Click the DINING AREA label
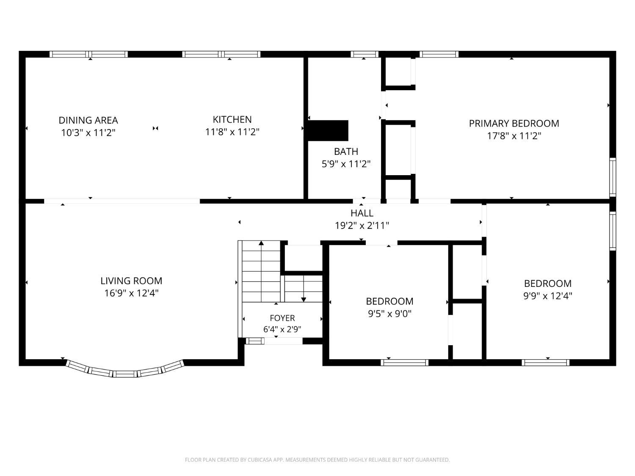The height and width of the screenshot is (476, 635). (x=88, y=120)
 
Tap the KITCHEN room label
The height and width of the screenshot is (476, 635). (x=232, y=119)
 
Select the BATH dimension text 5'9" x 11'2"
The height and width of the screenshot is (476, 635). (x=346, y=164)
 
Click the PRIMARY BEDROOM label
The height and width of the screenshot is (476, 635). (x=514, y=124)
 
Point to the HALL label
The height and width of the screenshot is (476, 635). (x=362, y=213)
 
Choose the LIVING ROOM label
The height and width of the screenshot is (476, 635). (x=131, y=281)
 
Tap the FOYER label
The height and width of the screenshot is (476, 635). (x=282, y=318)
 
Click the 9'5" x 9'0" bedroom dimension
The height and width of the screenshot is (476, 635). (x=389, y=314)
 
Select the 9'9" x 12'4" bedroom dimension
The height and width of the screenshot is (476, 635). (x=548, y=296)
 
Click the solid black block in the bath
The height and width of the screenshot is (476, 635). (x=328, y=131)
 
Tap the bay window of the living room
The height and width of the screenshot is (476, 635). (x=125, y=370)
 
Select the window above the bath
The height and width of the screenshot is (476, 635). (x=364, y=54)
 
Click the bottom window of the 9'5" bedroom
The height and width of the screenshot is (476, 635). (x=404, y=363)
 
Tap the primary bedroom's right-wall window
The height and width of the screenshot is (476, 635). (x=613, y=177)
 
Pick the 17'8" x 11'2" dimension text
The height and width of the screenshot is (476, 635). (x=514, y=136)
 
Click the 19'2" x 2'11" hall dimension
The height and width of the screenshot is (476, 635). (x=362, y=226)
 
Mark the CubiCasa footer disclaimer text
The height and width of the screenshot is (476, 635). (x=317, y=460)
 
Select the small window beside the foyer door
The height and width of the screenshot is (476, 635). (x=255, y=341)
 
